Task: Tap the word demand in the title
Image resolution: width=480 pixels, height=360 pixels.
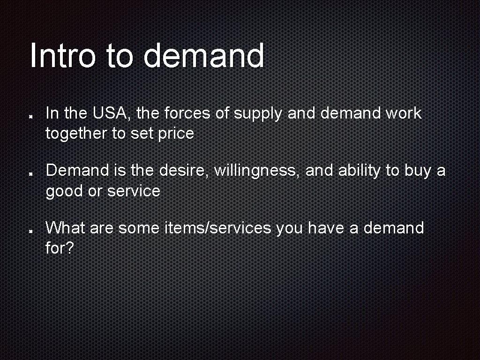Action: click(203, 55)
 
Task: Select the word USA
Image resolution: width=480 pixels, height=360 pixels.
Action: click(112, 113)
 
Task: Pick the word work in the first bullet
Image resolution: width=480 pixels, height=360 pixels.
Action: click(404, 113)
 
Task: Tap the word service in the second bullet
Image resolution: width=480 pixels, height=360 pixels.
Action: click(134, 191)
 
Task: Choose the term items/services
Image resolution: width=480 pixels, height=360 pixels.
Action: click(217, 228)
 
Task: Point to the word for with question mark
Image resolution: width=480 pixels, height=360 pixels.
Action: click(60, 248)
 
